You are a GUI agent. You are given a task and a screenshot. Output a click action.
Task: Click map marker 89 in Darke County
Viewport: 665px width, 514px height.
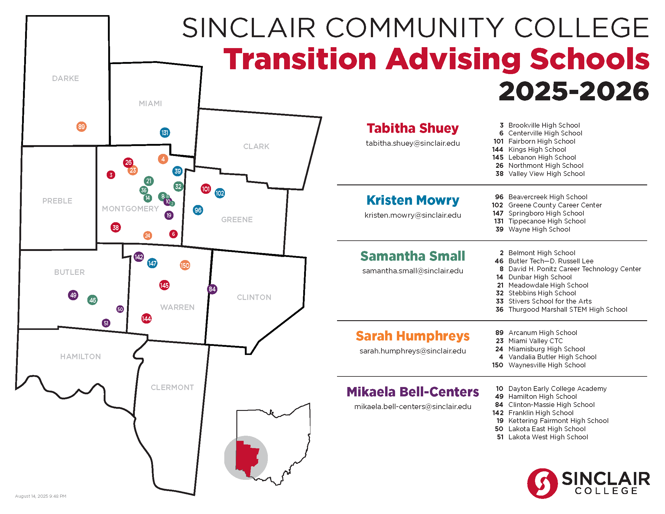coord(81,127)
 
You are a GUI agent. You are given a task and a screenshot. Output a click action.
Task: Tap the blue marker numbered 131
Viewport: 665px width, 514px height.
coord(165,133)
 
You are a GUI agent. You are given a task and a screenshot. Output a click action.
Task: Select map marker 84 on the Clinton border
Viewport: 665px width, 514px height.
coord(212,289)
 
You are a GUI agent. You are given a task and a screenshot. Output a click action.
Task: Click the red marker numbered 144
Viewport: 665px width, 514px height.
coord(147,318)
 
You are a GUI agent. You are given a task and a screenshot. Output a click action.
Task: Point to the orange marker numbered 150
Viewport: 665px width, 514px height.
coord(185,265)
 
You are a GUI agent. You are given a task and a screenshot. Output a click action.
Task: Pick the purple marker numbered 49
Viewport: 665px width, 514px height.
coord(73,295)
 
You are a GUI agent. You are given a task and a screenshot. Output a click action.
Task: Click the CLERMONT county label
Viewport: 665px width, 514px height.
coord(172,387)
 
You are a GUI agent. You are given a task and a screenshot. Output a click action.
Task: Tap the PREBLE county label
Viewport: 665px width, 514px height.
coord(57,201)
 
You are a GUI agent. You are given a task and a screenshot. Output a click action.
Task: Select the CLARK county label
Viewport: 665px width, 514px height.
coord(256,146)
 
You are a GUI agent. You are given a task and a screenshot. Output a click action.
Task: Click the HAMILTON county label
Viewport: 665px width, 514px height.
coord(80,356)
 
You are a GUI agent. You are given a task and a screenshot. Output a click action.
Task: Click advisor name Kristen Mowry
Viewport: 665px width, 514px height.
coord(413,200)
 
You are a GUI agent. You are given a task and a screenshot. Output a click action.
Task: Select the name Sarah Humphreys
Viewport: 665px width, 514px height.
coord(413,336)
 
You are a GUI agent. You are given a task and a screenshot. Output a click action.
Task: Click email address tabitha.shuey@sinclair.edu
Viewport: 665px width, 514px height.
coord(413,143)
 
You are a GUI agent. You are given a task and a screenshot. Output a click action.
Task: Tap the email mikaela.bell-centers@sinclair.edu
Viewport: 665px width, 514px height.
coord(413,407)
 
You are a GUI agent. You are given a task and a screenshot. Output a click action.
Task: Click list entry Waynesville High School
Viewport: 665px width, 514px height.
coord(547,365)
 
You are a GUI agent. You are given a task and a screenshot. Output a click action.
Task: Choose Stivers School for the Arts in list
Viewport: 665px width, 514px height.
coord(550,301)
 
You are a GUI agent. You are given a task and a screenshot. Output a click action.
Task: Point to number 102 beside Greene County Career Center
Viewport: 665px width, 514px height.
coord(498,205)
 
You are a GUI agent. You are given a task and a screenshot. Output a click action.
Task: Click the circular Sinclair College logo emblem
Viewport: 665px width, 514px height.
coord(542,483)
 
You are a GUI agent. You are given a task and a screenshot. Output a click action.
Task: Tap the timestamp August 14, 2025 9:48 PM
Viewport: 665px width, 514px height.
coord(41,496)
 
